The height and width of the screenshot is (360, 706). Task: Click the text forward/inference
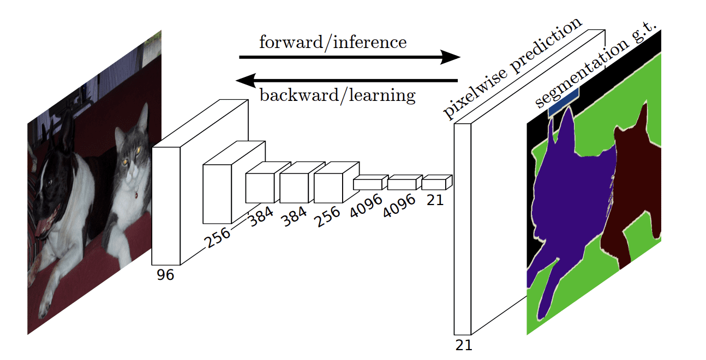pyautogui.click(x=332, y=42)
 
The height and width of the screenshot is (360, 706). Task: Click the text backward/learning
pyautogui.click(x=337, y=95)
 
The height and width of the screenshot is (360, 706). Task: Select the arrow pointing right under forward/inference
pyautogui.click(x=349, y=57)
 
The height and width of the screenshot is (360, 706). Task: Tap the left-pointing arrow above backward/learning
pyautogui.click(x=346, y=81)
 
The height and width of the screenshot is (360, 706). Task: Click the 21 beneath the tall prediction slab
pyautogui.click(x=463, y=345)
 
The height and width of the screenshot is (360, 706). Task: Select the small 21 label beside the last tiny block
pyautogui.click(x=435, y=200)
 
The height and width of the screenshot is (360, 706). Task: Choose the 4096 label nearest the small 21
pyautogui.click(x=399, y=205)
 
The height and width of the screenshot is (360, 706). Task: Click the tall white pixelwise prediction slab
pyautogui.click(x=462, y=229)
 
